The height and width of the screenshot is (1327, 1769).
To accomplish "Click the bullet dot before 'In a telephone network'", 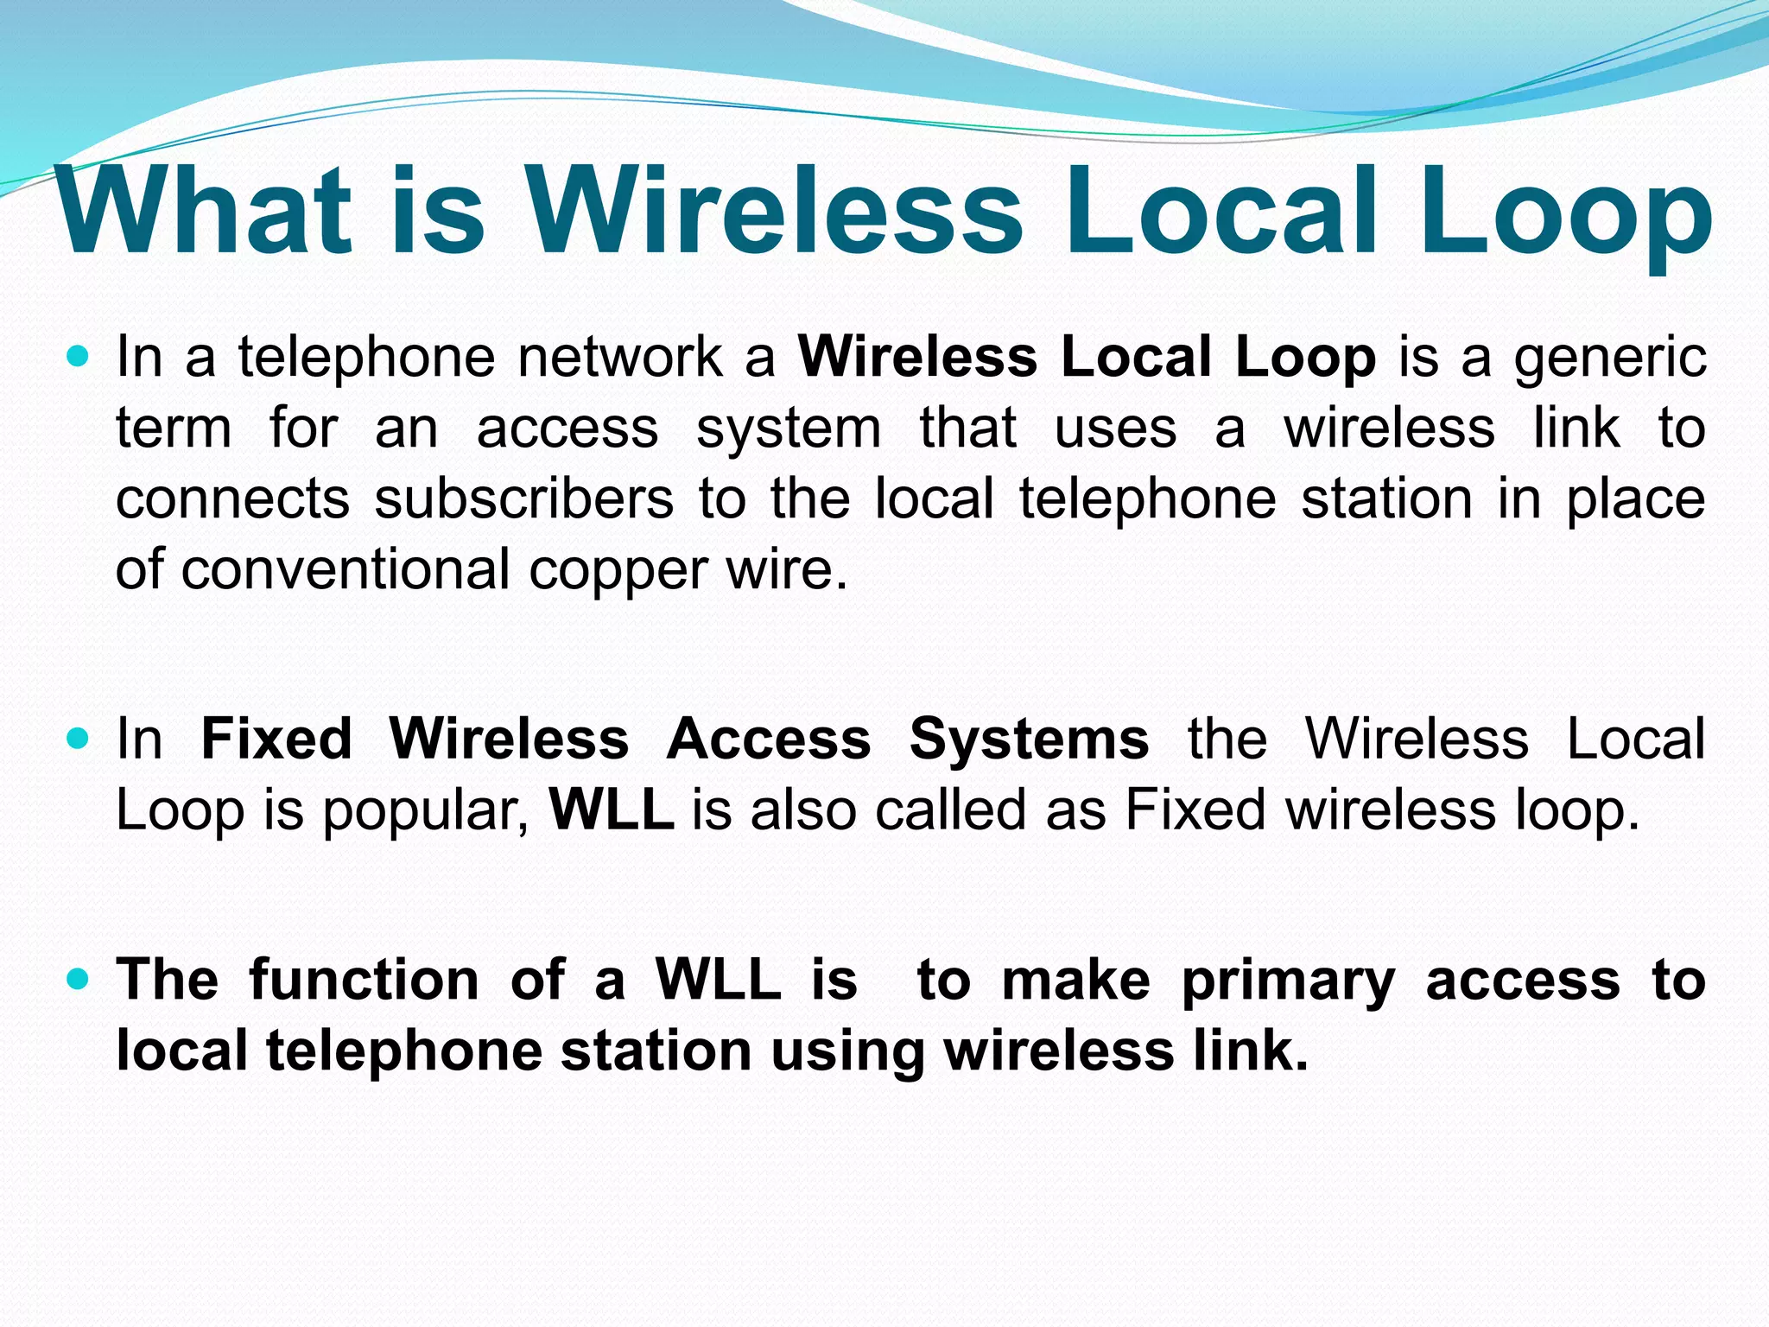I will coord(79,356).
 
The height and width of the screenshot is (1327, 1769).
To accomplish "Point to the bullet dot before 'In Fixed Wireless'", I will coord(79,739).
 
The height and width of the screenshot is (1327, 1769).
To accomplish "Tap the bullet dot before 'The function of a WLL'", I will coord(79,979).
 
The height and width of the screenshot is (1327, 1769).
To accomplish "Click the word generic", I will coord(1610,358).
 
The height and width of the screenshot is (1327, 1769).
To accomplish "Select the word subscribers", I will coord(523,499).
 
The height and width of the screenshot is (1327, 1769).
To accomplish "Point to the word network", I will coord(620,358).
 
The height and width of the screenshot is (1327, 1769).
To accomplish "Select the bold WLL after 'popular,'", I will coord(612,810).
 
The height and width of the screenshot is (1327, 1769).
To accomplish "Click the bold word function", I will coord(364,981).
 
